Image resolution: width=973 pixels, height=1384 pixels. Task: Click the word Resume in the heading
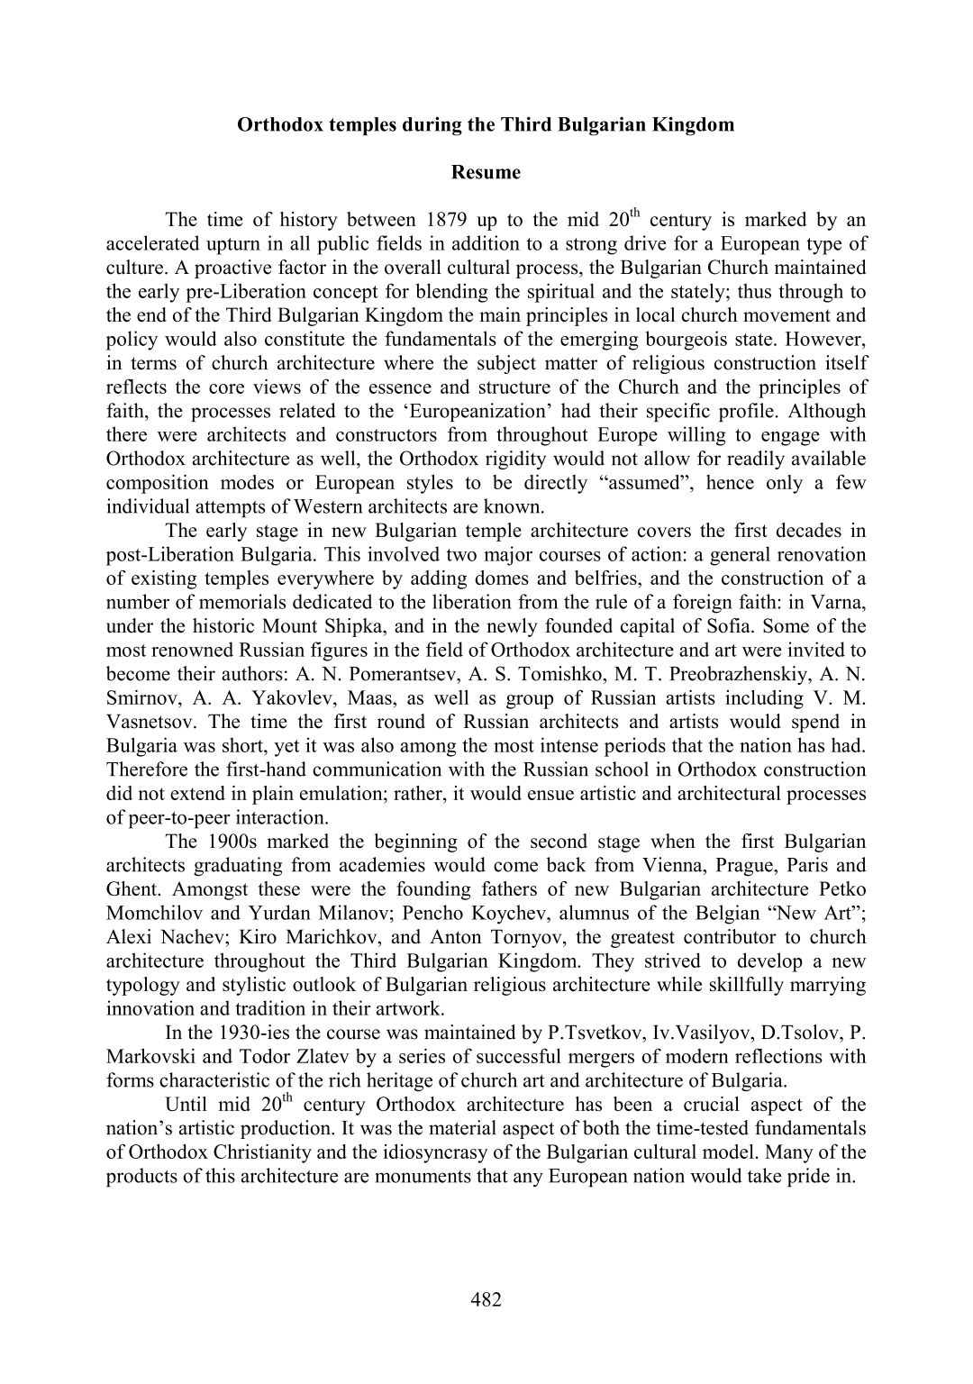pyautogui.click(x=485, y=172)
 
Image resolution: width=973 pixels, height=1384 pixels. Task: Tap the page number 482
pyautogui.click(x=486, y=1298)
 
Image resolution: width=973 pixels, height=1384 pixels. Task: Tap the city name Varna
pyautogui.click(x=843, y=602)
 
